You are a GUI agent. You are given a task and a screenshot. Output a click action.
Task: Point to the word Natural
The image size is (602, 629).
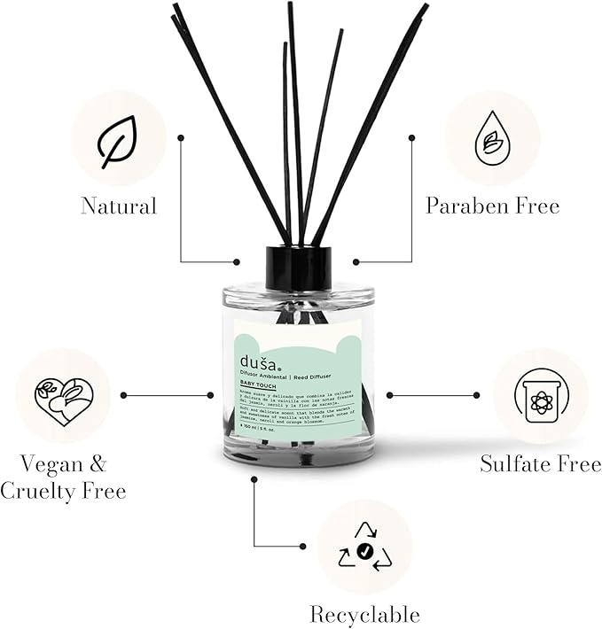[x=118, y=206]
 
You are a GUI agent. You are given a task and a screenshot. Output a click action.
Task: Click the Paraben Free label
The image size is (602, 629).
[x=492, y=206]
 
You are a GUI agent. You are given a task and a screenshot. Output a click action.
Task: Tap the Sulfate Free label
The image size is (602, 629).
[x=540, y=462]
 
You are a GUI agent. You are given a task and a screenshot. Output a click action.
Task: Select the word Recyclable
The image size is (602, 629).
[x=364, y=614]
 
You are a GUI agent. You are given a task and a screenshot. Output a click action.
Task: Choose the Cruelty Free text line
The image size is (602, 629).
[x=63, y=490]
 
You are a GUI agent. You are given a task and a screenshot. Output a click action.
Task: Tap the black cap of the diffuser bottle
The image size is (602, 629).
[x=298, y=268]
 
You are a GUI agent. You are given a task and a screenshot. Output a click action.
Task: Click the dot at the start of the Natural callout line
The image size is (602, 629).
[x=181, y=137]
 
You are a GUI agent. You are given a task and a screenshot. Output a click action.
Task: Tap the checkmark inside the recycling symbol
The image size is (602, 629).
[x=364, y=552]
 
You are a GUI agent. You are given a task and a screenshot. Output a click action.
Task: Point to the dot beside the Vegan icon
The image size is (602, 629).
[x=122, y=395]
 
